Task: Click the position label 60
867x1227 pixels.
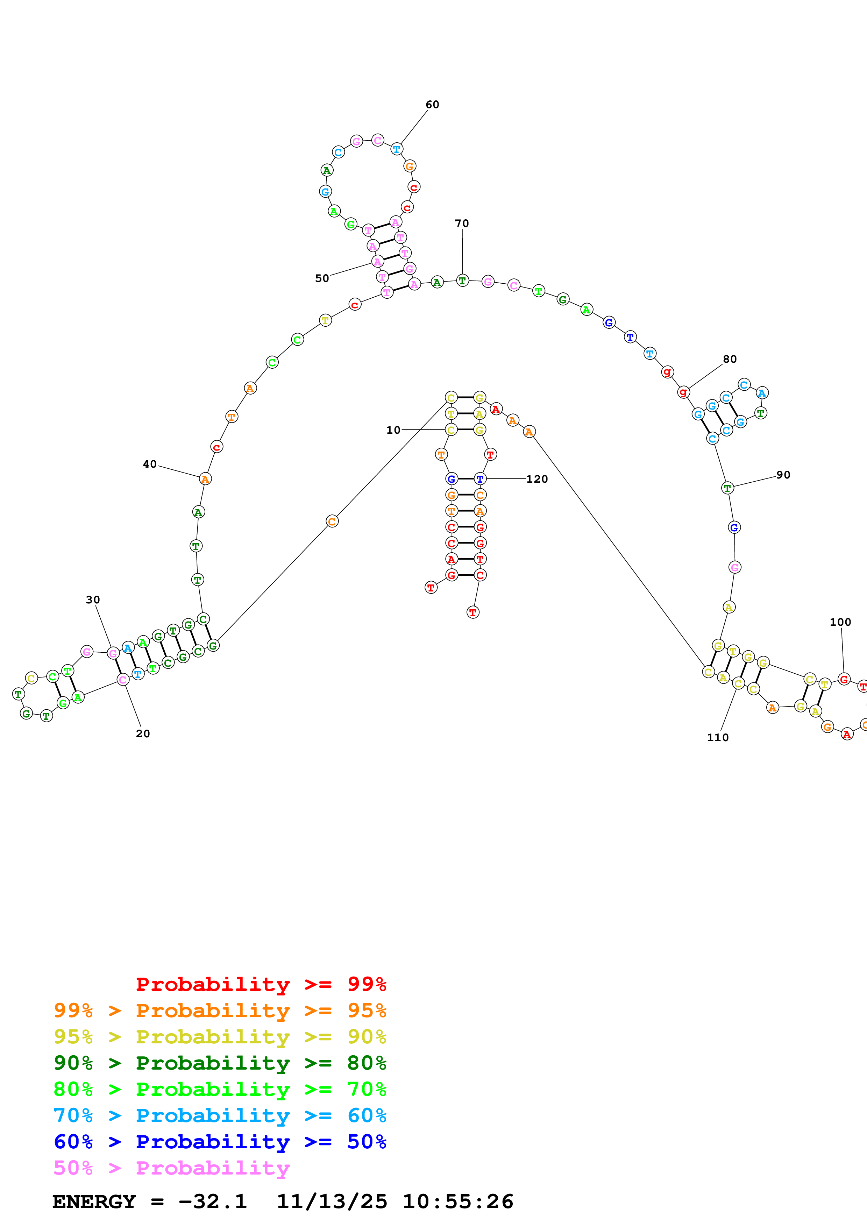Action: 432,105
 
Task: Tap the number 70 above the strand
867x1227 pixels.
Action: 462,224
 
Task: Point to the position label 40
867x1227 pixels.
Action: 150,464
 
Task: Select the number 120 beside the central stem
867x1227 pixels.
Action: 537,479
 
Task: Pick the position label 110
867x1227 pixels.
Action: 717,737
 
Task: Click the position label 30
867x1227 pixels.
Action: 93,600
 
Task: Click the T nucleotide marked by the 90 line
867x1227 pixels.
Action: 727,488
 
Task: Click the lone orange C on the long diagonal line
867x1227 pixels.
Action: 332,522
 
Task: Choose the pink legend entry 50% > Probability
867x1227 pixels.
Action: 171,1168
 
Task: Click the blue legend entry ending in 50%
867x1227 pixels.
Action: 220,1142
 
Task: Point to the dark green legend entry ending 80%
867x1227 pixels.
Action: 220,1063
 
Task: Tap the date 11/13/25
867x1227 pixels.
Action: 331,1202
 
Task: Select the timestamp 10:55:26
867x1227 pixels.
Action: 458,1202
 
